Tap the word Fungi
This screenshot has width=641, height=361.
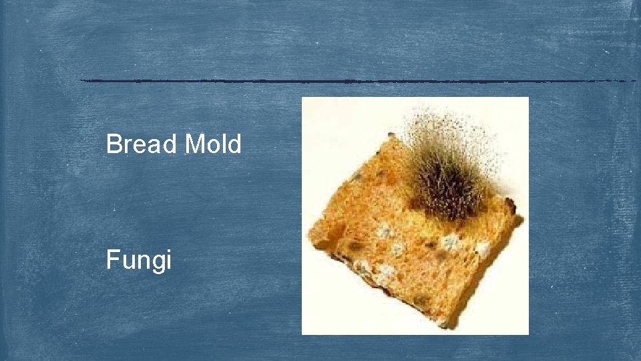(139, 259)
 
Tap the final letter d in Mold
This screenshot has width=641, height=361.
(234, 144)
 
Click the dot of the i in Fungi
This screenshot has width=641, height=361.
(168, 249)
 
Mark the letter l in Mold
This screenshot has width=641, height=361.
(224, 144)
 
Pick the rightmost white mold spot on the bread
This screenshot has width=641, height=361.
(482, 249)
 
